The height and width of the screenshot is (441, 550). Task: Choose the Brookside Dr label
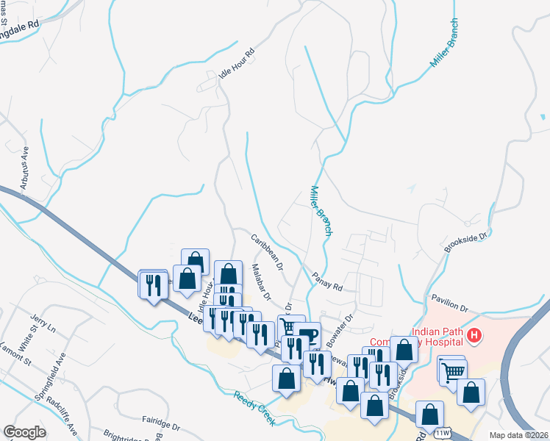pos(466,244)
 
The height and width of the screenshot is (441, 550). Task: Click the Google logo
pos(24,431)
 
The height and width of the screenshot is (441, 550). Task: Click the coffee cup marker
pos(309,335)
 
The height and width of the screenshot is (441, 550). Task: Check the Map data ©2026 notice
pos(518,435)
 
